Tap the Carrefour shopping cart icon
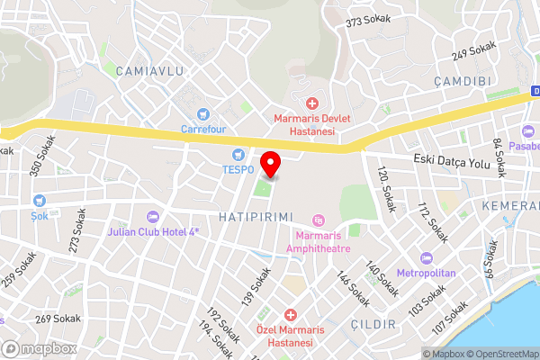[202, 113]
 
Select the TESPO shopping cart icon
[238, 154]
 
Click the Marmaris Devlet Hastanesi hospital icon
[311, 105]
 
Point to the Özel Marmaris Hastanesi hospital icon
[290, 315]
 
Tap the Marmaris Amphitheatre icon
[317, 221]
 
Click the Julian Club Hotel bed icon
[152, 216]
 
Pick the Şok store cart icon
[39, 200]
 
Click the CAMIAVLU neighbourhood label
[149, 70]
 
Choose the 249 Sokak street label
[474, 51]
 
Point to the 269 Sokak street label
[58, 319]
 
